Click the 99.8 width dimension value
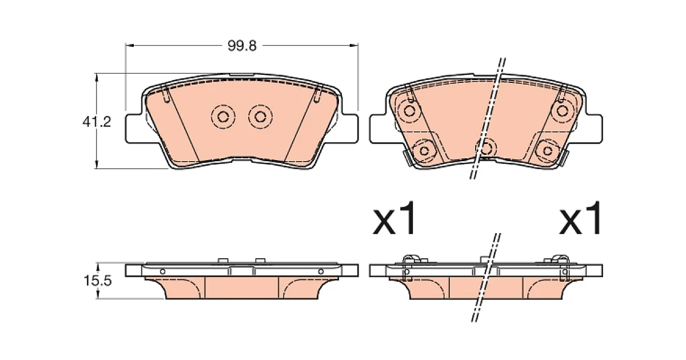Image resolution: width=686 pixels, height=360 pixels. pos(242,46)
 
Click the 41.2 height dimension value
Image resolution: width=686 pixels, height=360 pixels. pos(97,122)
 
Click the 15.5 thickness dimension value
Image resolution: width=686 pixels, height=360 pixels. pos(97,281)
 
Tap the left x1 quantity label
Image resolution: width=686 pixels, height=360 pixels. pos(394,218)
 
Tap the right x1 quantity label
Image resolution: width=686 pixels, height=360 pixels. pos(580,218)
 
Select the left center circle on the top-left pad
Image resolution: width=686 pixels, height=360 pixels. pos(223,117)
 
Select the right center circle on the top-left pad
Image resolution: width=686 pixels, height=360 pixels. pos(260,117)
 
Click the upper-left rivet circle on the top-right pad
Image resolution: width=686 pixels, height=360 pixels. pos(409,111)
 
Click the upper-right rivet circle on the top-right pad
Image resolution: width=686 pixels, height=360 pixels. pos(563,111)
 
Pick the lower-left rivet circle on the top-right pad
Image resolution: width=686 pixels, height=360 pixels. pos(424,151)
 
